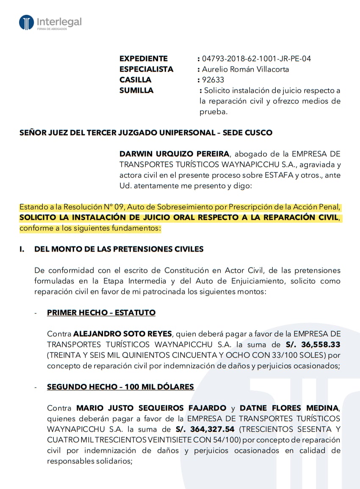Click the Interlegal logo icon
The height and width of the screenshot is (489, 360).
tap(26, 22)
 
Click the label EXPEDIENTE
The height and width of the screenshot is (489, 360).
tap(143, 58)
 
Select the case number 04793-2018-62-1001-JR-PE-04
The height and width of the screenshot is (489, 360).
tap(256, 58)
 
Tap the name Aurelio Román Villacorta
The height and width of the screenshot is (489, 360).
tap(245, 69)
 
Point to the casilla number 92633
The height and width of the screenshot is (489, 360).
tap(213, 80)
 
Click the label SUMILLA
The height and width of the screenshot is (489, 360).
tap(136, 90)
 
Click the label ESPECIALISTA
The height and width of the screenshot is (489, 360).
tap(146, 69)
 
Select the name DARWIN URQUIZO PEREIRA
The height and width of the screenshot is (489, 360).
tap(174, 154)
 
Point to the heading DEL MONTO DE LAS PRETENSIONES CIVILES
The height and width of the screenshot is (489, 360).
tap(119, 249)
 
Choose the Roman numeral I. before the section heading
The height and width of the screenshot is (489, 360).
tap(22, 249)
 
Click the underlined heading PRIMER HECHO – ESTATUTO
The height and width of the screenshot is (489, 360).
tap(101, 313)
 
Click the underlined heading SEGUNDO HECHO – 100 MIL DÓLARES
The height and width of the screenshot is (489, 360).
tap(120, 387)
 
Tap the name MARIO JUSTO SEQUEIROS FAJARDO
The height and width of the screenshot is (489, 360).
tap(151, 408)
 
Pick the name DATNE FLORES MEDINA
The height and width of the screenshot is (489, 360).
tap(289, 408)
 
